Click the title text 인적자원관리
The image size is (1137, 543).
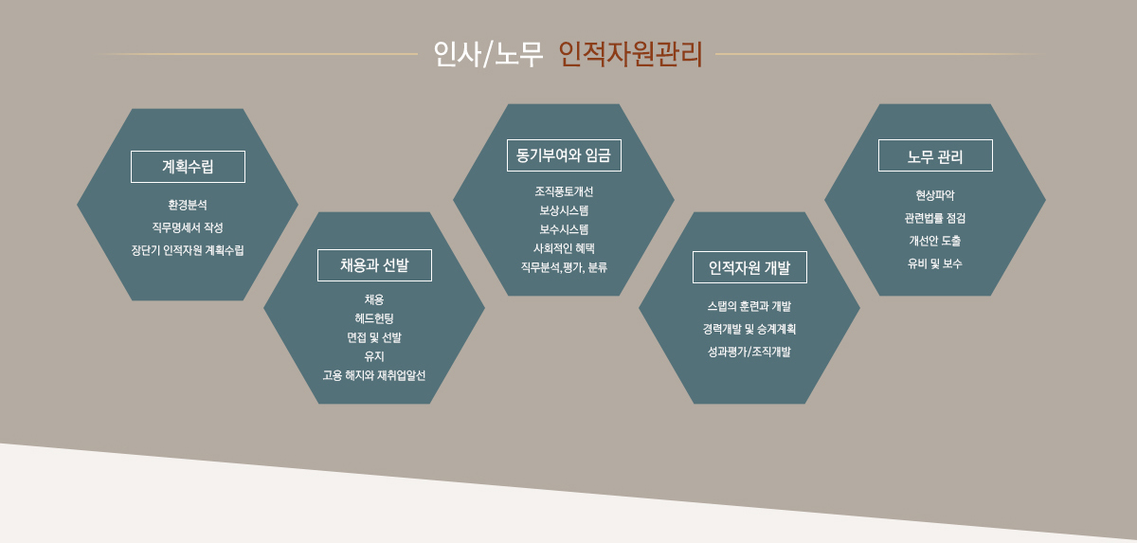[x=630, y=54]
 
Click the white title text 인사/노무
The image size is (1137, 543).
[x=488, y=54]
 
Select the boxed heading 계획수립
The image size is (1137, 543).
[x=188, y=167]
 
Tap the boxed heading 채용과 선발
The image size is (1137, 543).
[x=374, y=265]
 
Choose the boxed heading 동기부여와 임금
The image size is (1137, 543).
[x=564, y=155]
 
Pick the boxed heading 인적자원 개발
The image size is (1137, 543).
[x=749, y=267]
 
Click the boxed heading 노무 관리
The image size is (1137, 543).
[x=935, y=155]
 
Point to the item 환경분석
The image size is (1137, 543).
[x=188, y=205]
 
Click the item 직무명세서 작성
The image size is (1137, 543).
[x=188, y=227]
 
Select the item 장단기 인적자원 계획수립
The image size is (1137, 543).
[x=188, y=250]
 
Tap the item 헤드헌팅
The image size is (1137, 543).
[x=374, y=318]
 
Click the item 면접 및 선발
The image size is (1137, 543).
[x=374, y=337]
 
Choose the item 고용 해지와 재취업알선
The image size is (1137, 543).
[x=374, y=375]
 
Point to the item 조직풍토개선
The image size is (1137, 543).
[x=564, y=191]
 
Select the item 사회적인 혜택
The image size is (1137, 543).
[x=564, y=248]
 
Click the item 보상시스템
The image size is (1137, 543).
[x=564, y=210]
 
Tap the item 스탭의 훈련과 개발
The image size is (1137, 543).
[x=749, y=306]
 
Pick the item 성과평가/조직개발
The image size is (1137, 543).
[x=749, y=352]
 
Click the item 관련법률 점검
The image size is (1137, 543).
[x=935, y=218]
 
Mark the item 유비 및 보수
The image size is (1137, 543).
[x=935, y=263]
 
